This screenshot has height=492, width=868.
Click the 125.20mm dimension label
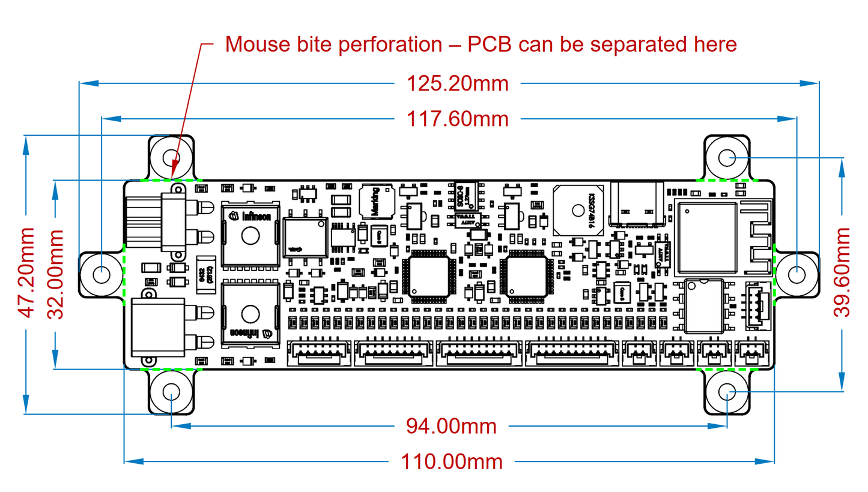point(458,83)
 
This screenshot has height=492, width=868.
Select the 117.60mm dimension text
point(458,119)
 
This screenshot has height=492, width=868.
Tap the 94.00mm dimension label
point(451,426)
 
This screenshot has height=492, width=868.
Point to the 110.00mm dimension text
point(451,461)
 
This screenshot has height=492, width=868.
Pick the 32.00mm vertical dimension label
point(56,274)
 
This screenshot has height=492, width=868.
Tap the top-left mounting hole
point(172,158)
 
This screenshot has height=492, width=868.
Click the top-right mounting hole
point(727,158)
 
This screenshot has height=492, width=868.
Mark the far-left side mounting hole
point(102,274)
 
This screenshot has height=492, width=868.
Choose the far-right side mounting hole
point(796,274)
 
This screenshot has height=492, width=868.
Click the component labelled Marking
point(377,202)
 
